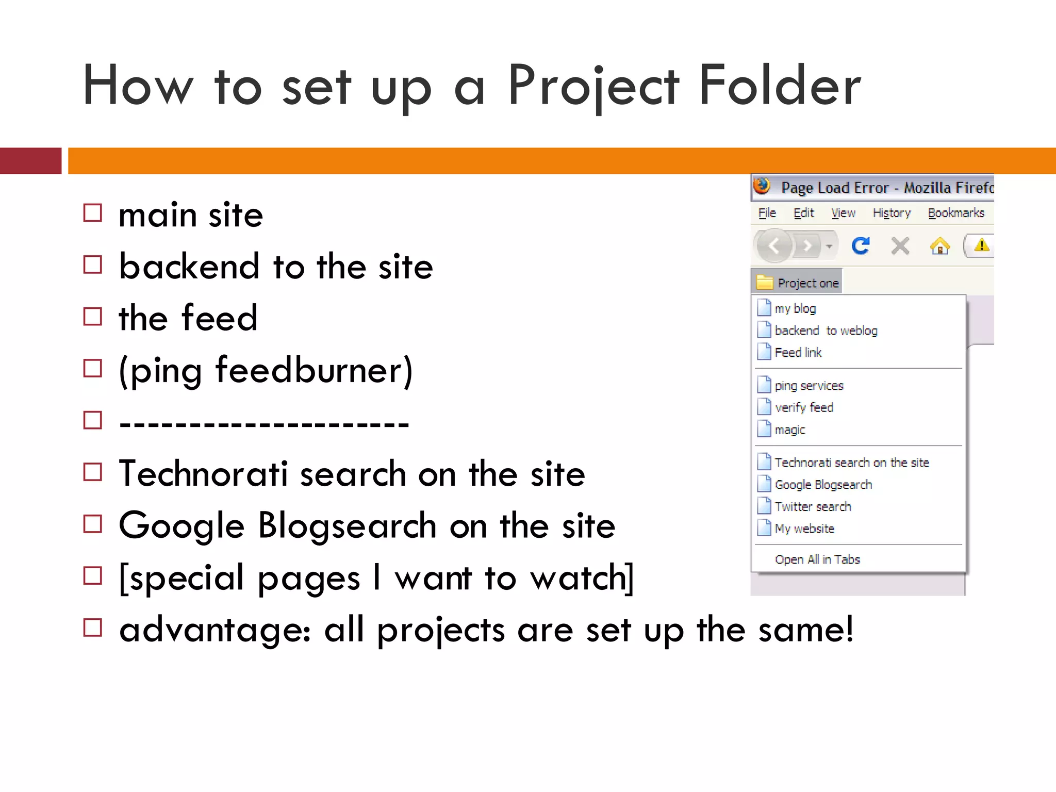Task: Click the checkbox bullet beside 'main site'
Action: [x=93, y=213]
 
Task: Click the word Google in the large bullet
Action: [x=181, y=526]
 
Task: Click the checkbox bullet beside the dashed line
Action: [x=93, y=420]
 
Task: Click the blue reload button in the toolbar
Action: [x=861, y=246]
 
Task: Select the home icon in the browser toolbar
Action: [x=939, y=246]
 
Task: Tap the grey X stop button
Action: [x=900, y=246]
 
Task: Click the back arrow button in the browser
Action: [x=774, y=246]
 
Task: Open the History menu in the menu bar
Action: [x=892, y=213]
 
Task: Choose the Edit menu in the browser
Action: [x=803, y=213]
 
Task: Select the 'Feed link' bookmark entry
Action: [x=798, y=353]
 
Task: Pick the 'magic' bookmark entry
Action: [x=789, y=430]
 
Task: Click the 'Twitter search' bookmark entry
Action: [x=813, y=507]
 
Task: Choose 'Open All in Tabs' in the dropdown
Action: [x=817, y=559]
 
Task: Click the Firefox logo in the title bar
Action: [x=762, y=186]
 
